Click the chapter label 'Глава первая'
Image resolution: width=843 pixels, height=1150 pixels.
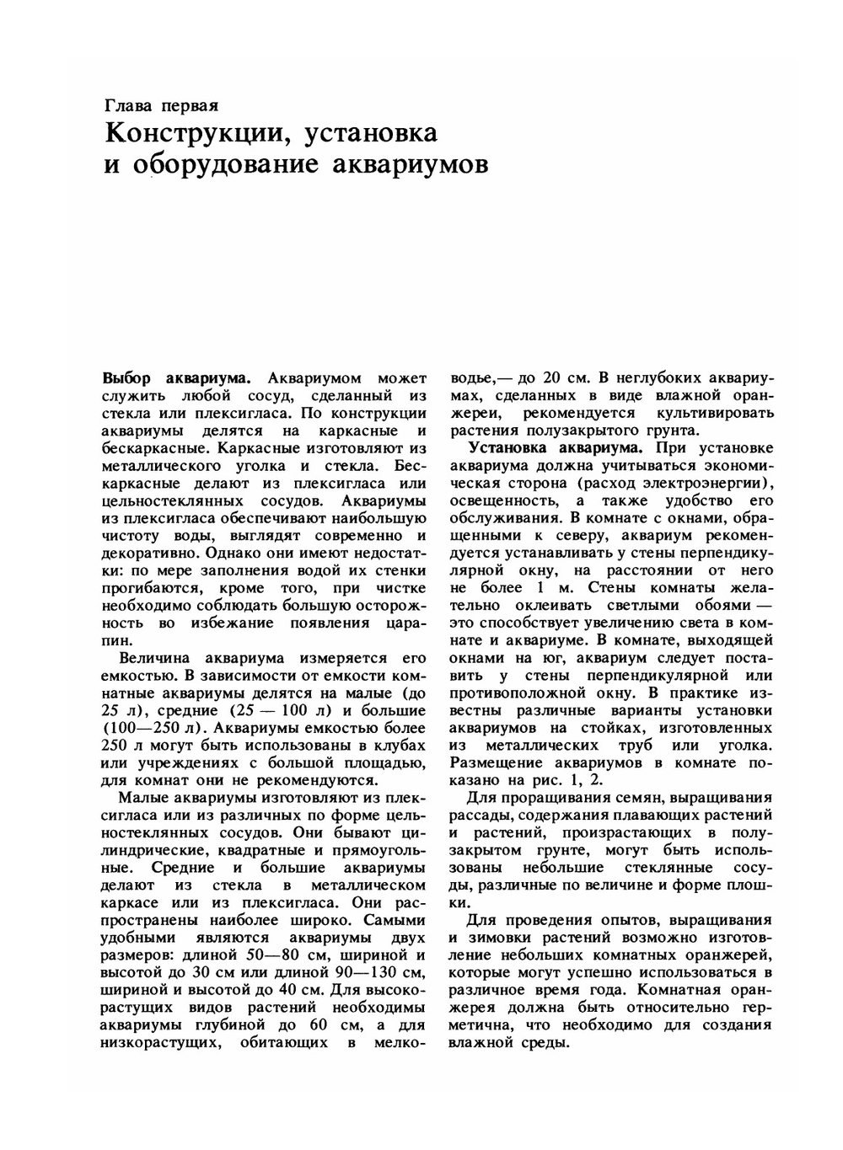pyautogui.click(x=161, y=106)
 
